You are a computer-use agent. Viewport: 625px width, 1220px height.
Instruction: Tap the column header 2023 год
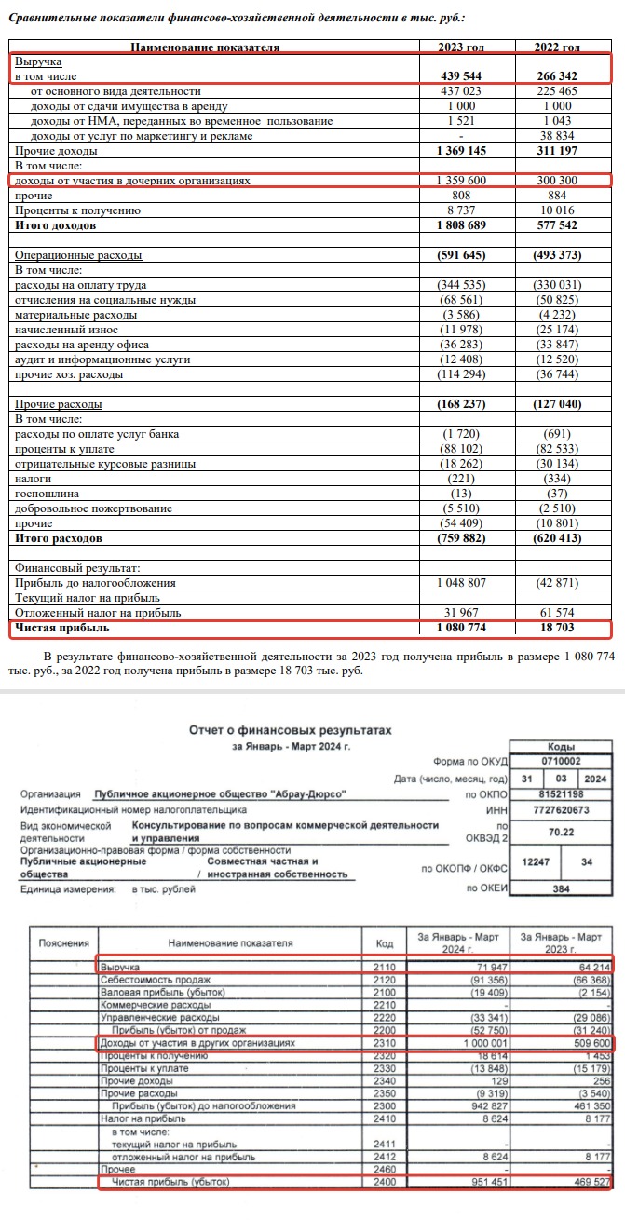pos(466,47)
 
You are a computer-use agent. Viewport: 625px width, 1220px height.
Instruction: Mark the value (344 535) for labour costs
pos(468,284)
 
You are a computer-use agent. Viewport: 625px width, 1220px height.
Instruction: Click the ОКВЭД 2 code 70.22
pos(561,835)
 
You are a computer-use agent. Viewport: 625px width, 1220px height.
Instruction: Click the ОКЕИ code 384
pos(561,889)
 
